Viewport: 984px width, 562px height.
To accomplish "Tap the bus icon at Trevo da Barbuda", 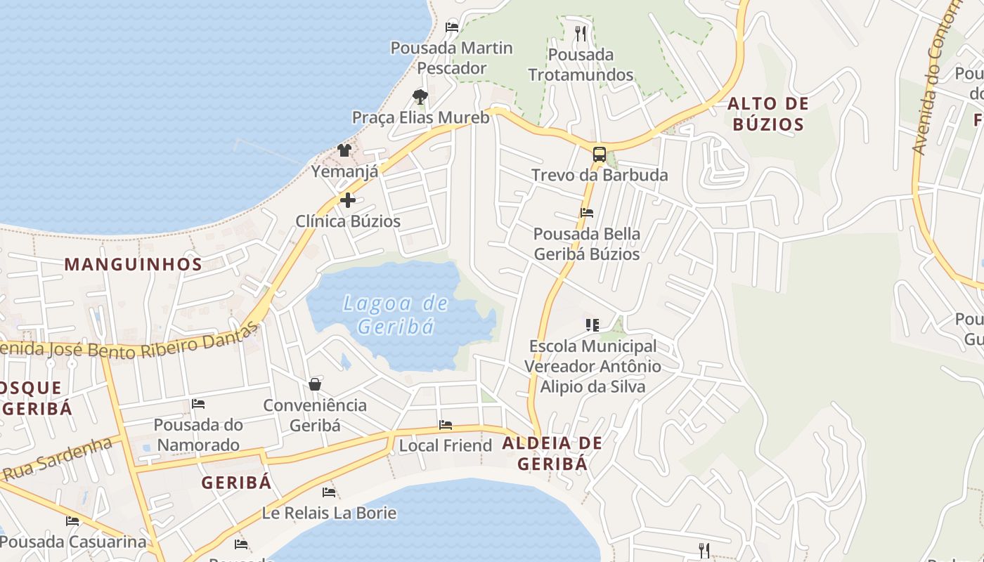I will (599, 155).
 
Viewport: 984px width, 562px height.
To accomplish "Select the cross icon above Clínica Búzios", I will (347, 201).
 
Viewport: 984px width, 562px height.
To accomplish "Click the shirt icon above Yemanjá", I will (344, 150).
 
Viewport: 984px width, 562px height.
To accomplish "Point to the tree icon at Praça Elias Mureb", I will (420, 96).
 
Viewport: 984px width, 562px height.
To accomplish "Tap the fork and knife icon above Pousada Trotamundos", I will (581, 33).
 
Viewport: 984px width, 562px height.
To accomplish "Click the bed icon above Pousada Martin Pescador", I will (452, 27).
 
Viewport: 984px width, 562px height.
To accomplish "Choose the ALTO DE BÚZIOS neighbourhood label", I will (768, 115).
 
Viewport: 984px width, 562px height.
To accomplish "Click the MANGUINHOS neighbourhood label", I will (134, 265).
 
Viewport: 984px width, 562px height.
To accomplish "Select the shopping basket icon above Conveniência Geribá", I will (315, 384).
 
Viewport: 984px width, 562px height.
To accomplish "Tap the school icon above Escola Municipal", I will (593, 325).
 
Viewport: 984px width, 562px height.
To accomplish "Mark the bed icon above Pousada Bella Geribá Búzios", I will (587, 213).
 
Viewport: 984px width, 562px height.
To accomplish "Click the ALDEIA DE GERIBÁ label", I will (552, 453).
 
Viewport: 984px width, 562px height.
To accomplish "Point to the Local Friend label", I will (446, 445).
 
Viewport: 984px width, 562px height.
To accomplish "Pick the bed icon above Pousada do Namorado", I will (198, 404).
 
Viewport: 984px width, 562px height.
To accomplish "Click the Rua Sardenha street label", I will (58, 459).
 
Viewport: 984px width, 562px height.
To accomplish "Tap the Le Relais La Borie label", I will (329, 513).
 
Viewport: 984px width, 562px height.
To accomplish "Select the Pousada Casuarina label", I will (73, 542).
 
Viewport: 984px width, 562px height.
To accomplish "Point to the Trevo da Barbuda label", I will (600, 175).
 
